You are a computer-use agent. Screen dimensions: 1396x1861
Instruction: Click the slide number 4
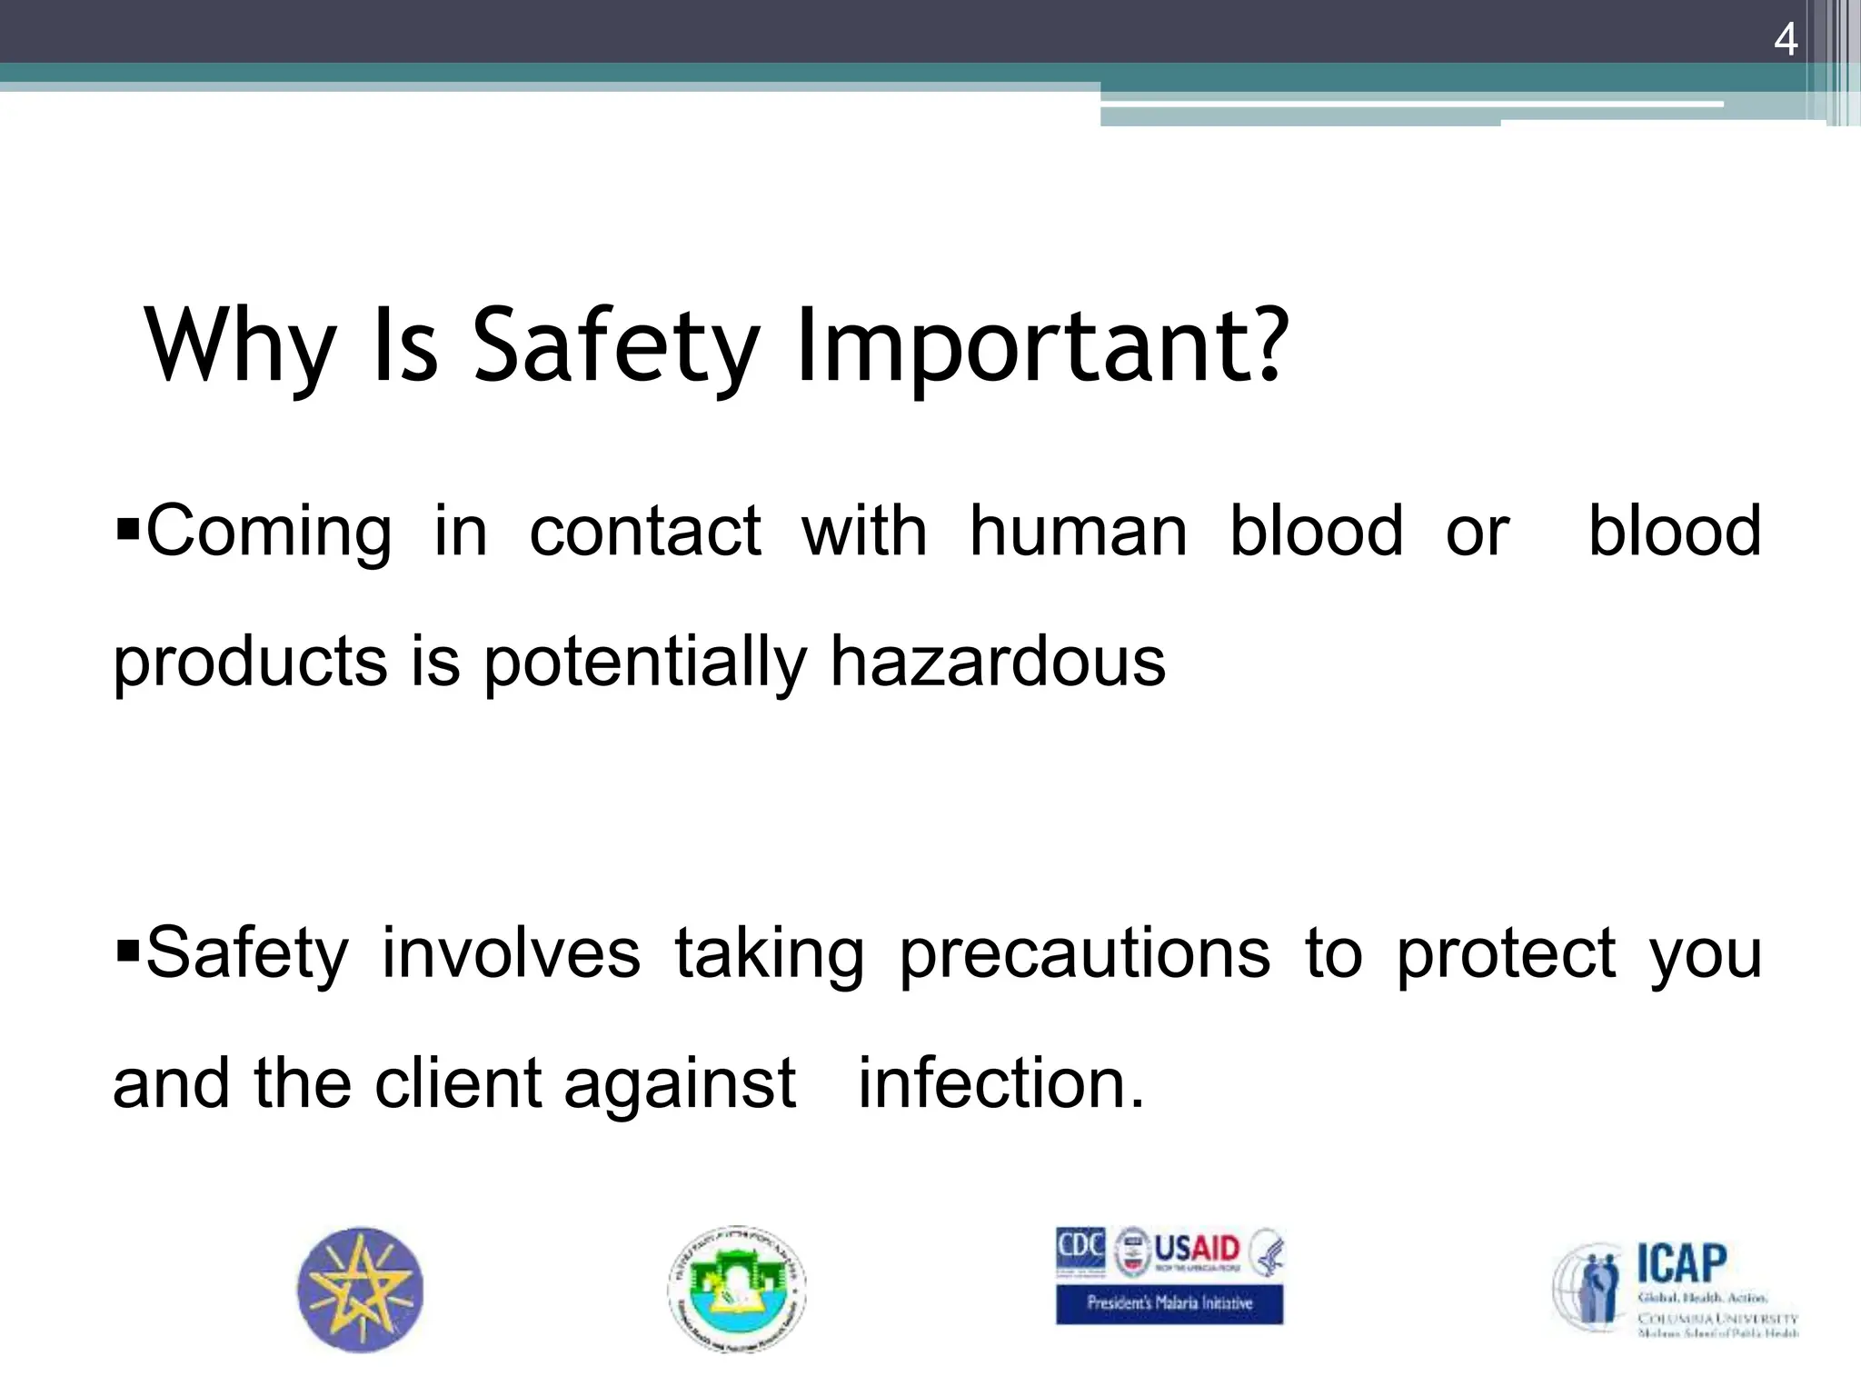pyautogui.click(x=1785, y=41)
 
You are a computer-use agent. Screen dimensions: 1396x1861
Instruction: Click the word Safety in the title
pyautogui.click(x=615, y=346)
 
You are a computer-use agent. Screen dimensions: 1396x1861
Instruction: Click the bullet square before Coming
pyautogui.click(x=126, y=526)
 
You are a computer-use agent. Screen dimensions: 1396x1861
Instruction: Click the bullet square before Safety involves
pyautogui.click(x=126, y=951)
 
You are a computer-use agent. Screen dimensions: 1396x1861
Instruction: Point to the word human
pyautogui.click(x=1078, y=532)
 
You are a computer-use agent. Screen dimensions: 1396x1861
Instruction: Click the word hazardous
pyautogui.click(x=997, y=663)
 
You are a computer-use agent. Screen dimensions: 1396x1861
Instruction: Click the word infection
pyautogui.click(x=1000, y=1084)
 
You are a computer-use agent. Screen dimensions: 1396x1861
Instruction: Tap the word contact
pyautogui.click(x=644, y=532)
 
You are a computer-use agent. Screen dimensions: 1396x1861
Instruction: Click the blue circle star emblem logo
pyautogui.click(x=361, y=1290)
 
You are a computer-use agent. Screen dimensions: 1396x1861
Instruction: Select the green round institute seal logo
pyautogui.click(x=736, y=1290)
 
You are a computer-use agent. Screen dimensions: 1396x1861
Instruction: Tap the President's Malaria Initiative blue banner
pyautogui.click(x=1169, y=1303)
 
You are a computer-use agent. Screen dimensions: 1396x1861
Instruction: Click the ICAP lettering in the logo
pyautogui.click(x=1681, y=1262)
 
